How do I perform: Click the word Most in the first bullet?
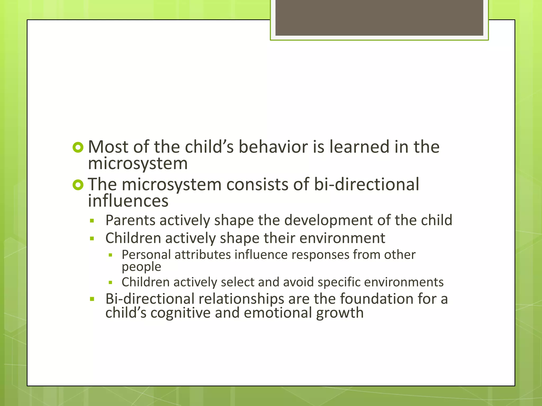pyautogui.click(x=108, y=147)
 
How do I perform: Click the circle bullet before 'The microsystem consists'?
pyautogui.click(x=78, y=185)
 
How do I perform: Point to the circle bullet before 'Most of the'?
pyautogui.click(x=78, y=147)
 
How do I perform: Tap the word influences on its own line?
pyautogui.click(x=128, y=201)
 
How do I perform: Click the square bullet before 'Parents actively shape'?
pyautogui.click(x=92, y=221)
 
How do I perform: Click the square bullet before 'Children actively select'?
pyautogui.click(x=111, y=283)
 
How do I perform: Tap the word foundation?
pyautogui.click(x=377, y=299)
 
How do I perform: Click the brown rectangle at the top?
pyautogui.click(x=379, y=17)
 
